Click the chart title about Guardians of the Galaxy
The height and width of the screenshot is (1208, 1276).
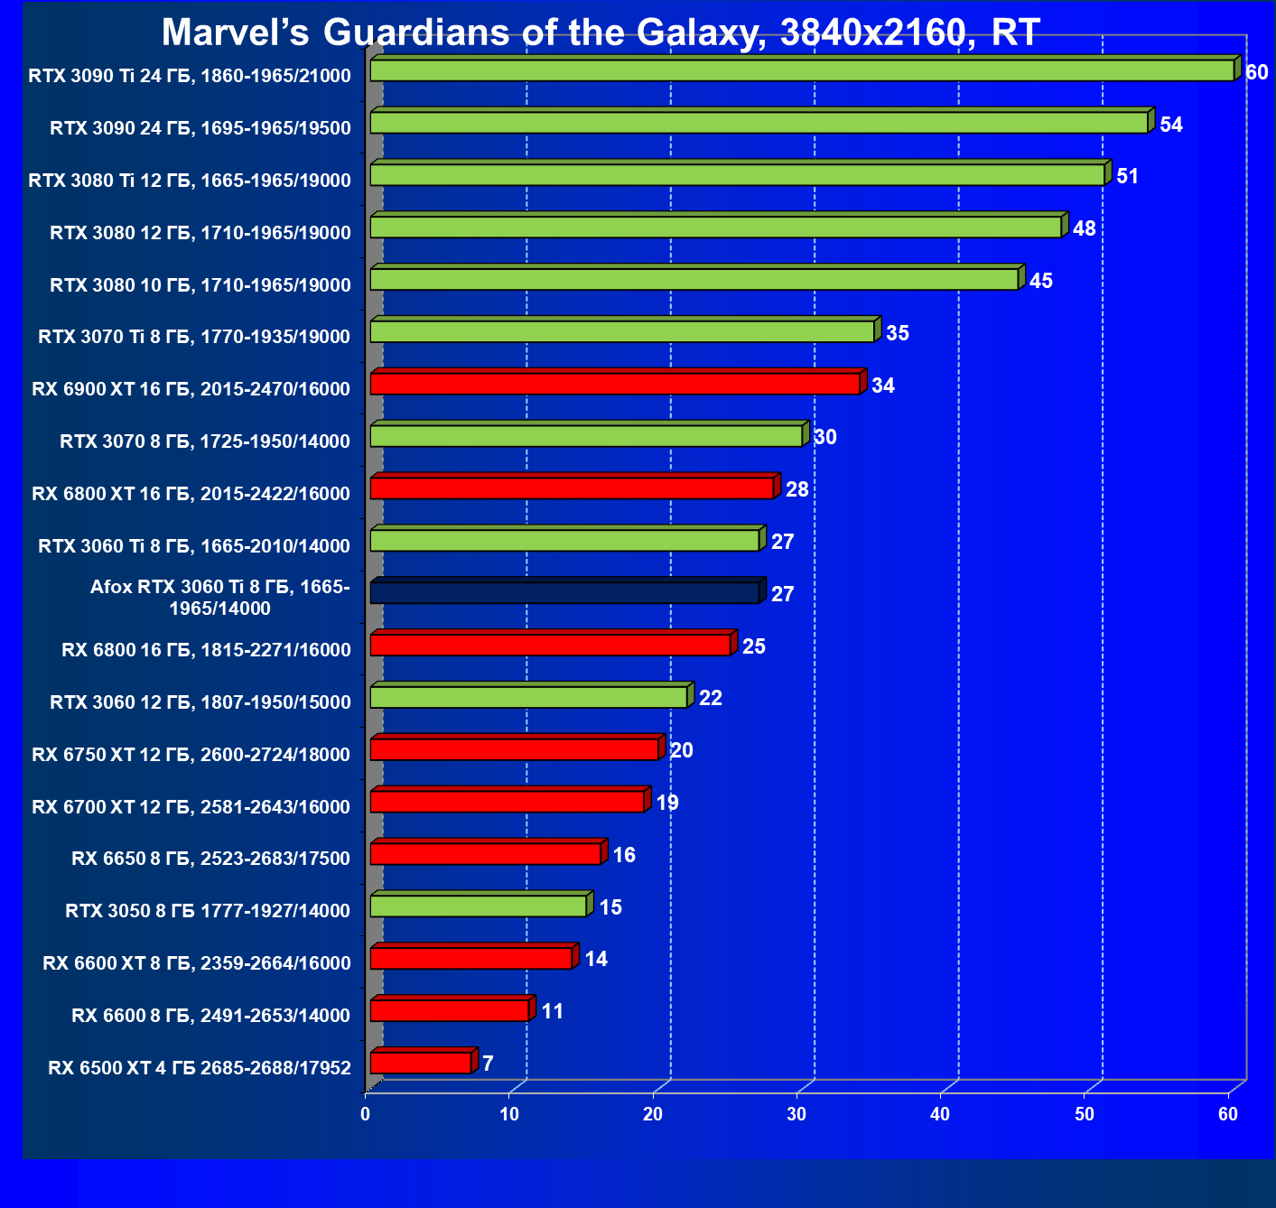click(601, 33)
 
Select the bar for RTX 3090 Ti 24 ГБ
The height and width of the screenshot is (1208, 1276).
click(802, 70)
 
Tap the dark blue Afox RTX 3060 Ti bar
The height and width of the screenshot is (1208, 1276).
click(564, 592)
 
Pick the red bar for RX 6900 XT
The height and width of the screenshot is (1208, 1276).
click(615, 384)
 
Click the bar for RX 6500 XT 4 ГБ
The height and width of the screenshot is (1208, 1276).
click(421, 1063)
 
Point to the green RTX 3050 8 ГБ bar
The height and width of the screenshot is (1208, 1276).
click(479, 906)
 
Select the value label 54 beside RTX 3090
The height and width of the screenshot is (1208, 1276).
click(1171, 125)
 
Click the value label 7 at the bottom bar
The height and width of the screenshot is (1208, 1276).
click(488, 1064)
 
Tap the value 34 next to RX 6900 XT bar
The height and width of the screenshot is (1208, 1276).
click(882, 386)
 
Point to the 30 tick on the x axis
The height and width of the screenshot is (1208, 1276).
click(796, 1114)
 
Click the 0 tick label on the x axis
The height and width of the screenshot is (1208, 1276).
click(365, 1114)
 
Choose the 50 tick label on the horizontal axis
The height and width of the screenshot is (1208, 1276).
click(1084, 1114)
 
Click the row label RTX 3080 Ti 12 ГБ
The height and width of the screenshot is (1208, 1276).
click(190, 181)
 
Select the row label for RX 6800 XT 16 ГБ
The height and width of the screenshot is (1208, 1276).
click(191, 494)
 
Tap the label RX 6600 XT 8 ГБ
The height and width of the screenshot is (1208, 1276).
click(196, 963)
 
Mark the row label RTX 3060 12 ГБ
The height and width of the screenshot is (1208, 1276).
click(200, 702)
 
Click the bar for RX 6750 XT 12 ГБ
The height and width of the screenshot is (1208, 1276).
click(515, 749)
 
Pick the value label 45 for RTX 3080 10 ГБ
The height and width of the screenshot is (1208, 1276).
click(1040, 281)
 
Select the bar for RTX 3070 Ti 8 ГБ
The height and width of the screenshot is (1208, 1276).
click(622, 331)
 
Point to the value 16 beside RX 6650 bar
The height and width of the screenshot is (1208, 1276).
click(624, 855)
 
